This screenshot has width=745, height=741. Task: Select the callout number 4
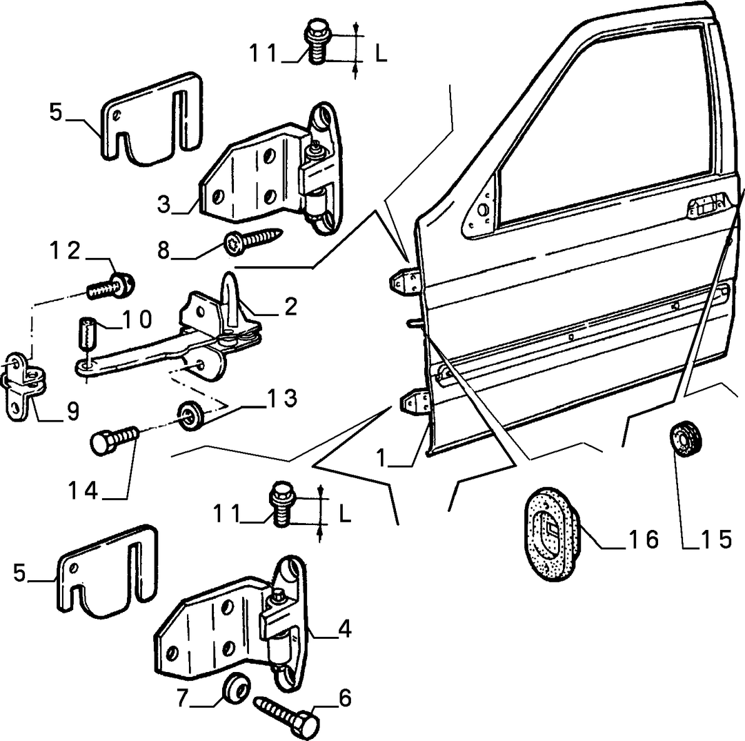(x=344, y=629)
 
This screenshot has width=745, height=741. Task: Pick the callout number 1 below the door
(x=381, y=457)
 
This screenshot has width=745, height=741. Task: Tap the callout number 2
(x=290, y=306)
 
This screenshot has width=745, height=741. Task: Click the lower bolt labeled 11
(x=283, y=504)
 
